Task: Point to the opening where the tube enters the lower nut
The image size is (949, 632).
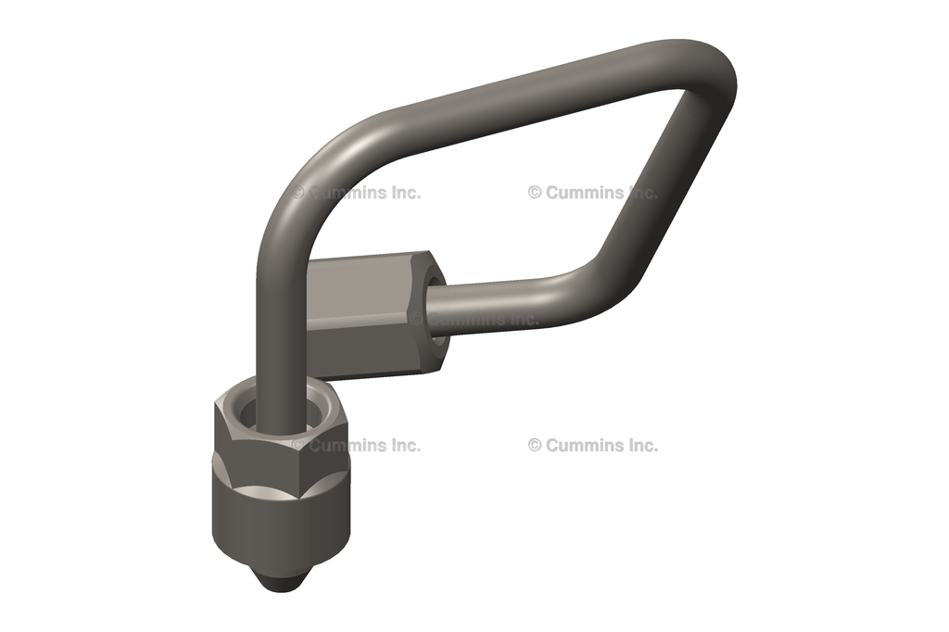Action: (x=278, y=413)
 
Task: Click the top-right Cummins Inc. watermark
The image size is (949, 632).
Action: (x=593, y=193)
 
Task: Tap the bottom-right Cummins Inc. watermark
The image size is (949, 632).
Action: (x=593, y=445)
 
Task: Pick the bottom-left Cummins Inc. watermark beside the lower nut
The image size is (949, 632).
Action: (x=361, y=445)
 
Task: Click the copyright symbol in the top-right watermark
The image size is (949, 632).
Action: (x=535, y=193)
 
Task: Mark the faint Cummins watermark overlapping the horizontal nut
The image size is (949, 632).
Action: (x=477, y=318)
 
